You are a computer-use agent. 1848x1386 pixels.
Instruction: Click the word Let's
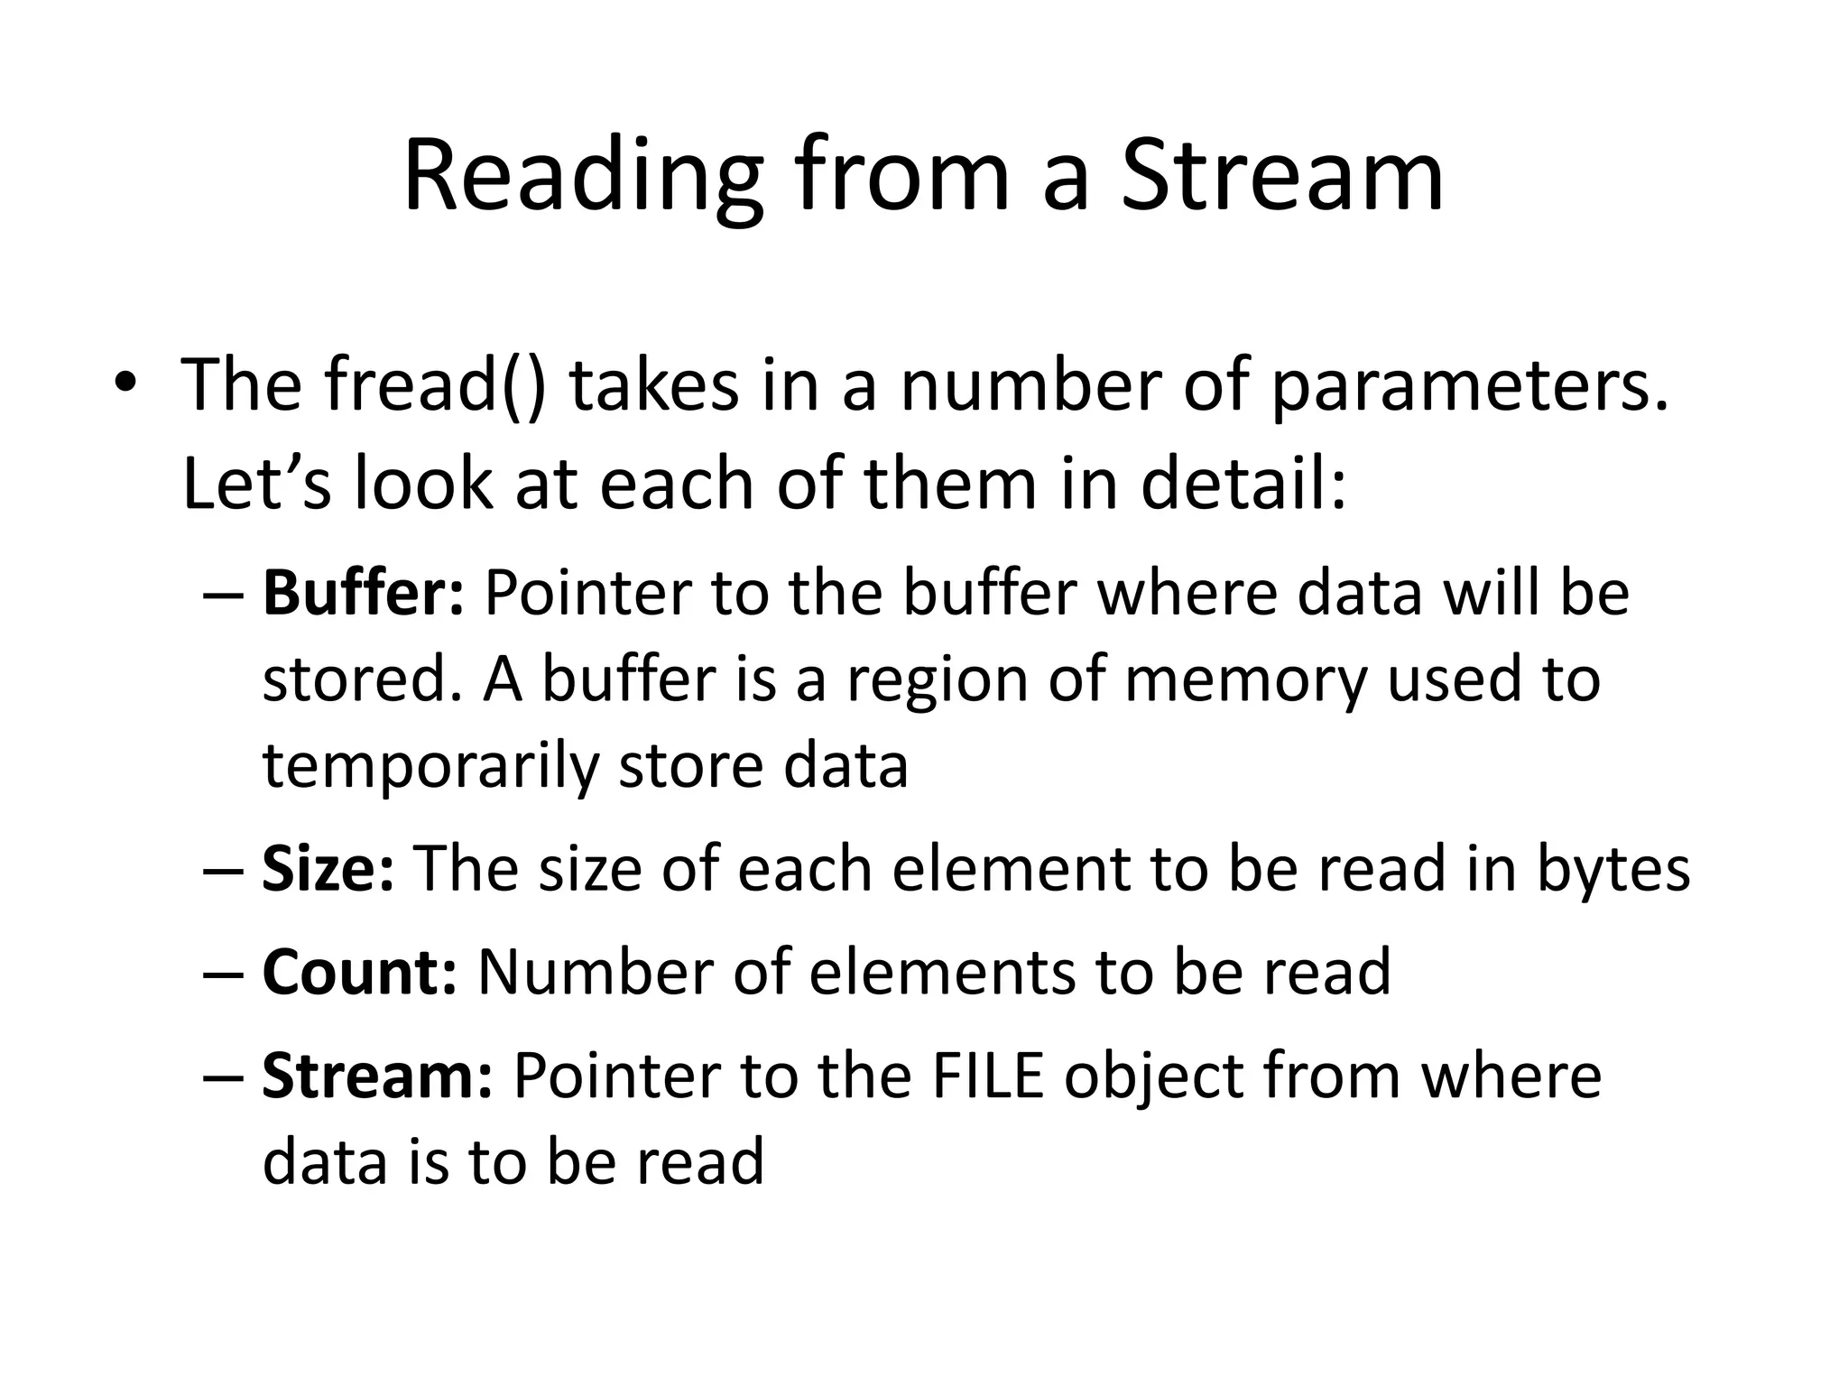(256, 483)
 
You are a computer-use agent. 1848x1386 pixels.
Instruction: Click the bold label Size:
(328, 869)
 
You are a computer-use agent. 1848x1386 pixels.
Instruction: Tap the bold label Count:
(359, 972)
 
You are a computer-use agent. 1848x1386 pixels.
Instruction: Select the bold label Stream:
(377, 1076)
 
